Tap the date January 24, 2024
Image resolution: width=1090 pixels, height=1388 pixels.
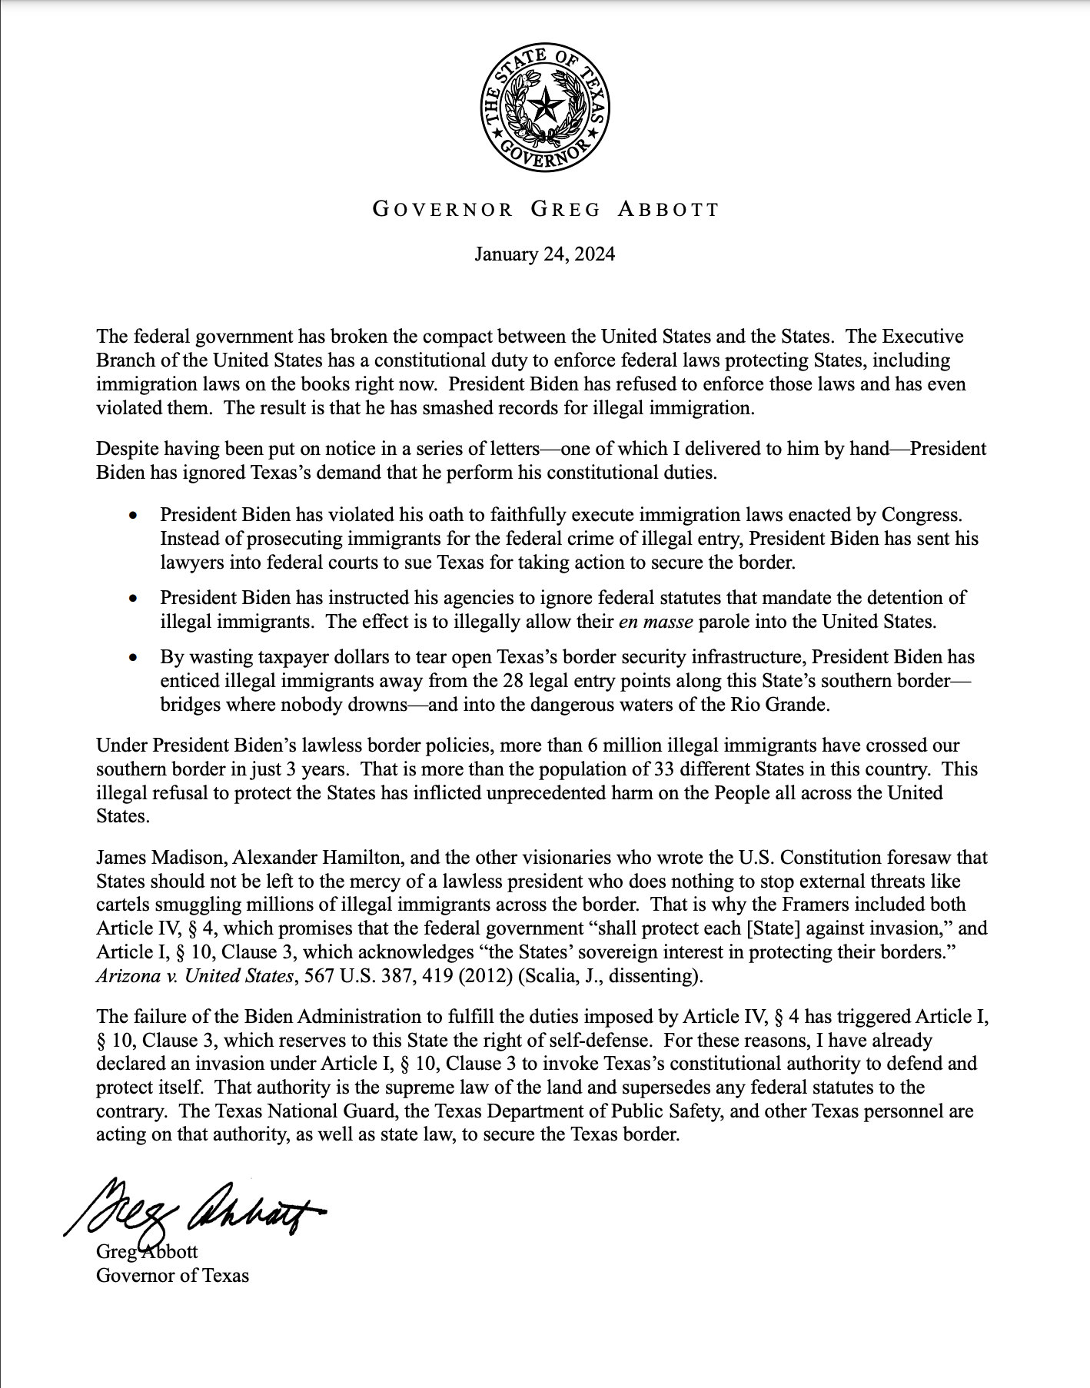544,254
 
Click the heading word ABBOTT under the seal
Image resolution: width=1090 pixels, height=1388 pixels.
668,209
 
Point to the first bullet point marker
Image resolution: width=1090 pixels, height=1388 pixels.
135,514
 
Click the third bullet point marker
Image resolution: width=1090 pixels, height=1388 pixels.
135,658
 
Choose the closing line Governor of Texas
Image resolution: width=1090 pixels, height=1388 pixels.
172,1276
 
